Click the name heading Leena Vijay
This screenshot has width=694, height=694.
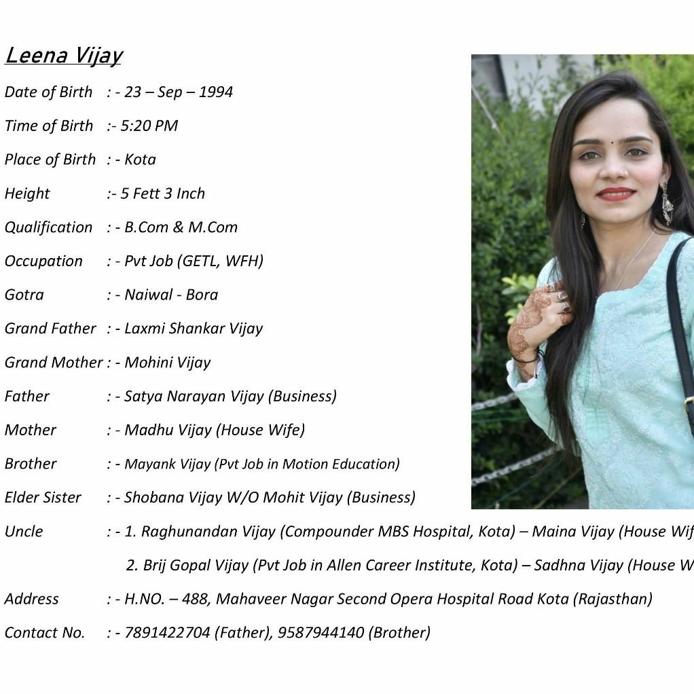pyautogui.click(x=63, y=55)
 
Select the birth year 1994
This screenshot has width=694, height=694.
pyautogui.click(x=216, y=92)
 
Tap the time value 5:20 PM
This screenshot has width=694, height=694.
pyautogui.click(x=149, y=126)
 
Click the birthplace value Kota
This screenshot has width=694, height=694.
pyautogui.click(x=140, y=160)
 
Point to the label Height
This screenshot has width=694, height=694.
pyautogui.click(x=27, y=194)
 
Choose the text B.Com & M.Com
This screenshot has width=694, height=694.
pyautogui.click(x=181, y=227)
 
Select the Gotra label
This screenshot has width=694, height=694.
pyautogui.click(x=24, y=295)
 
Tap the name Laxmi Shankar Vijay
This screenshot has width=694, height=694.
pyautogui.click(x=193, y=329)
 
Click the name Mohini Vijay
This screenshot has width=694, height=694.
pyautogui.click(x=167, y=363)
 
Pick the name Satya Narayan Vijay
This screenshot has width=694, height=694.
pyautogui.click(x=194, y=397)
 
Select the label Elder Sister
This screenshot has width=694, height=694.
pyautogui.click(x=43, y=498)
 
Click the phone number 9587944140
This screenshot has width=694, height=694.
pyautogui.click(x=321, y=633)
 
